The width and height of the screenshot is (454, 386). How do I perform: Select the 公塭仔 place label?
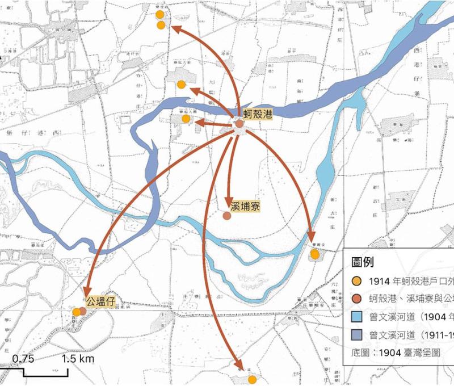pos(101,299)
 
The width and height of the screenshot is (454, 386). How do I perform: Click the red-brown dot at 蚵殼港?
pos(239,124)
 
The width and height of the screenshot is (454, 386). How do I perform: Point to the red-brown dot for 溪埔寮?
pos(227,216)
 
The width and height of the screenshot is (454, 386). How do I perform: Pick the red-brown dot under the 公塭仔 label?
pos(83,311)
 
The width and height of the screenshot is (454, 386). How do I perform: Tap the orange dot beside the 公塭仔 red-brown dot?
pos(76,312)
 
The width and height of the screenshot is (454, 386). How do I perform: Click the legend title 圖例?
pos(364,262)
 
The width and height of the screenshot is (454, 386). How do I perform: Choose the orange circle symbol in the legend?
pos(356,282)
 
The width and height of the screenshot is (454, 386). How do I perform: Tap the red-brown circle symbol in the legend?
pos(356,298)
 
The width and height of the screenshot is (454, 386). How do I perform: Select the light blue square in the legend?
pos(356,317)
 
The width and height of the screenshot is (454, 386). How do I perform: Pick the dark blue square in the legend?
pos(356,334)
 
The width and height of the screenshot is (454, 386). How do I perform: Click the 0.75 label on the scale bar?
pos(23,358)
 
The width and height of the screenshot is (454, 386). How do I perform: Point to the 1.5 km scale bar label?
pos(78,358)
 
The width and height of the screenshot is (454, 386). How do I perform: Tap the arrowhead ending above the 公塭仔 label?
pos(90,289)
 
